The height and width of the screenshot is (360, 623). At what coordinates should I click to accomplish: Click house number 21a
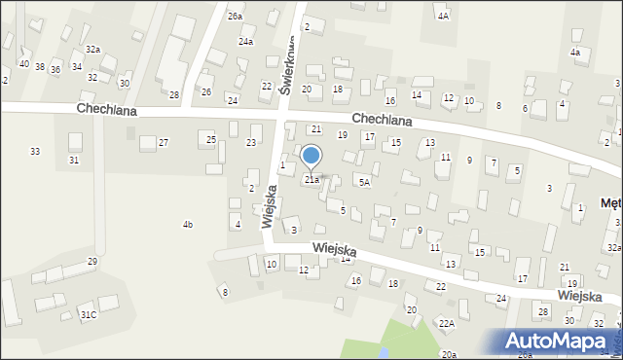311,179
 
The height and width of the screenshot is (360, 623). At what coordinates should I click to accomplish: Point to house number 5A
364,182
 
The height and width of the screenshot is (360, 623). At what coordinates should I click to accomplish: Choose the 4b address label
187,225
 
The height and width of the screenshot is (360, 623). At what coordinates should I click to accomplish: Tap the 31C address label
88,314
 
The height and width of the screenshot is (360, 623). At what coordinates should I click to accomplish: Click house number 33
35,151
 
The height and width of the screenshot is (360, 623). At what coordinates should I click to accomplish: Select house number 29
92,261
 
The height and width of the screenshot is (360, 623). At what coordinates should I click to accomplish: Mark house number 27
164,143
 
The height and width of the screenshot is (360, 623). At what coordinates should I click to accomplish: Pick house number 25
211,140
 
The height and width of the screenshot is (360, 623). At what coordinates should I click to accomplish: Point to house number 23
251,143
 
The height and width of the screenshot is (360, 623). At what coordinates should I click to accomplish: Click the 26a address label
236,17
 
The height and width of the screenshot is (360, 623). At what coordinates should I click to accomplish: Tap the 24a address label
246,42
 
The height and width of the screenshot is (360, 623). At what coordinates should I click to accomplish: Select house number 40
24,64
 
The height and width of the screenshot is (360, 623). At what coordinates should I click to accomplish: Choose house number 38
40,67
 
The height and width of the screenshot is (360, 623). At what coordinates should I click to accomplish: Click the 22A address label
446,323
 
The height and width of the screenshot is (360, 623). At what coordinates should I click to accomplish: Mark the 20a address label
448,354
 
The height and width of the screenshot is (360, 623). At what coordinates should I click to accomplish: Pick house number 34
76,66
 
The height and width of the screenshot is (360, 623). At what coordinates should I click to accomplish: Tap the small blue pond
385,352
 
